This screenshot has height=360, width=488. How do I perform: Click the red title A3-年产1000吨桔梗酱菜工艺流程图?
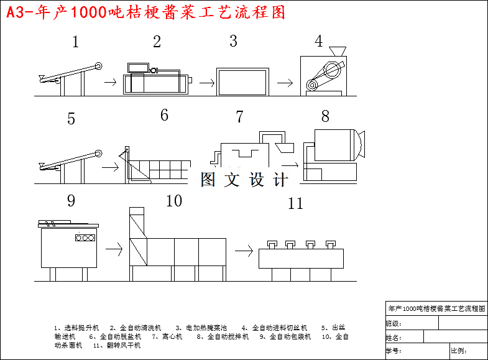146,12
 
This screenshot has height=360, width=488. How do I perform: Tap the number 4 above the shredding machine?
319,42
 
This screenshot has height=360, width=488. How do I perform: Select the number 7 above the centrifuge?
239,117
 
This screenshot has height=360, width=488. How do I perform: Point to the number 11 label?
295,203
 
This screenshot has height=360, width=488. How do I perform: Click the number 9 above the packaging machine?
71,201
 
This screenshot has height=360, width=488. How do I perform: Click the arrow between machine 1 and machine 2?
110,81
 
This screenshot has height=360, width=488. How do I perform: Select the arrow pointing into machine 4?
285,82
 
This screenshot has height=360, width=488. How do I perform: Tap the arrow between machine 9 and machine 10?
114,249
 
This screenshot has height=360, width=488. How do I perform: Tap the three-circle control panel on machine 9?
85,238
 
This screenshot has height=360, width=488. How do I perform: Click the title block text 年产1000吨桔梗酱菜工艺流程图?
436,308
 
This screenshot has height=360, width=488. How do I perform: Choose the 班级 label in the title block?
394,323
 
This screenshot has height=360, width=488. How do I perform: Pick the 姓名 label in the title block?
394,338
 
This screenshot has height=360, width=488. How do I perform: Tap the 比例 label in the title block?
458,352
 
